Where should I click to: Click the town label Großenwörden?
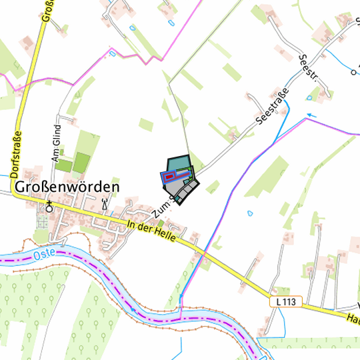(66, 187)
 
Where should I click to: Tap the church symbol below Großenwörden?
(48, 205)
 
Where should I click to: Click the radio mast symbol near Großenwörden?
(105, 203)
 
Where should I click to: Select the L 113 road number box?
(285, 302)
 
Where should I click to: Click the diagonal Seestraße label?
(272, 107)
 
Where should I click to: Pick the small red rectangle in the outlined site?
(169, 177)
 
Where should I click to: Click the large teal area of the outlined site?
(178, 163)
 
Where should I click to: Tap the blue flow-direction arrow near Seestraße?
(312, 115)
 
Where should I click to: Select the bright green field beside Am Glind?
(81, 162)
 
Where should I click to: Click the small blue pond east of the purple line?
(250, 214)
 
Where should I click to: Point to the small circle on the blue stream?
(351, 70)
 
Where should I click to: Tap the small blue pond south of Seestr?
(309, 97)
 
